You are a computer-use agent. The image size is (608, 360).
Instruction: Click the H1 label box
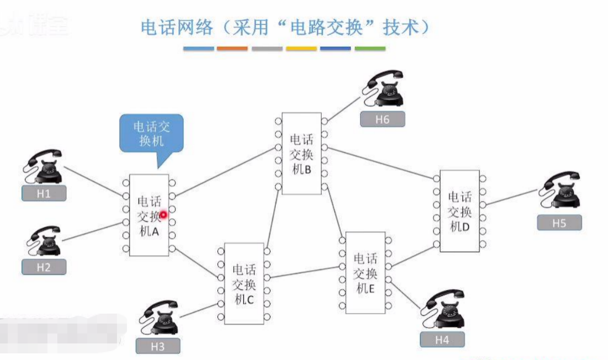(44, 193)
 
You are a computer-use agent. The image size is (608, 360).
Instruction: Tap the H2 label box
(44, 267)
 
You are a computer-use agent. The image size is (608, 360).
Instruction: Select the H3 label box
(158, 346)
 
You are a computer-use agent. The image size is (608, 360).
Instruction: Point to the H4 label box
(442, 339)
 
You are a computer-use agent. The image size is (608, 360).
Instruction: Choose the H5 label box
(559, 223)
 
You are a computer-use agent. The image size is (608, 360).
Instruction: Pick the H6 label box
(382, 119)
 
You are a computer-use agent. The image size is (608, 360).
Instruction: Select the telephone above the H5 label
(562, 190)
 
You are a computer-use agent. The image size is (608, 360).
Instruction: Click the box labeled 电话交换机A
(148, 215)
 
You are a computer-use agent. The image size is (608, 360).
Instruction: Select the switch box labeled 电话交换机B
(301, 153)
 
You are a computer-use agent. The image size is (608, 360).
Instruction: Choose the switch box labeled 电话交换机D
(460, 211)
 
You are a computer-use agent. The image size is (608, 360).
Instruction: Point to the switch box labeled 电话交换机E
(365, 273)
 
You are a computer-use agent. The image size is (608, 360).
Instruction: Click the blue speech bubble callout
(151, 134)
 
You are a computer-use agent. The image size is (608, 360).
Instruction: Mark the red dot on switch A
(163, 214)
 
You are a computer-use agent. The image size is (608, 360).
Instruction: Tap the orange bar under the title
(232, 49)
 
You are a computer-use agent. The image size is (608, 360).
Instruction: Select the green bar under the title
(370, 49)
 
